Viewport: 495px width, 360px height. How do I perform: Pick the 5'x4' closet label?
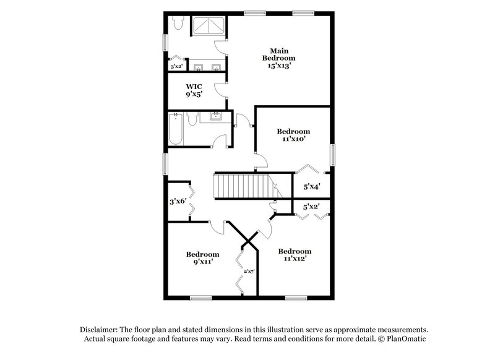pos(311,185)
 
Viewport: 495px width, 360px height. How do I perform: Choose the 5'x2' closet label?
pos(311,207)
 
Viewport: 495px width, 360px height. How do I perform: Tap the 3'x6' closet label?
pos(178,201)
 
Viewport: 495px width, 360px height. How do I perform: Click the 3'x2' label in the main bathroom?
pos(176,66)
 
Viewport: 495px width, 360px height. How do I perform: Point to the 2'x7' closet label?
pos(249,271)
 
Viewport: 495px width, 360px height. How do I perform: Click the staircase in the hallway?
pos(243,186)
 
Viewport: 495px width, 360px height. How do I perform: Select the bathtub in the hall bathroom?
pos(176,129)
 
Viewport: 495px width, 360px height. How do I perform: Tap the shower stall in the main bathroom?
pos(209,28)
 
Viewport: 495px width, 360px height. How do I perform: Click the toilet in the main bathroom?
pos(178,24)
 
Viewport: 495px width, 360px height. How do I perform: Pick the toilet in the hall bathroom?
pos(192,119)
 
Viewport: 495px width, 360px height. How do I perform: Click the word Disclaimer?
pos(101,330)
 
